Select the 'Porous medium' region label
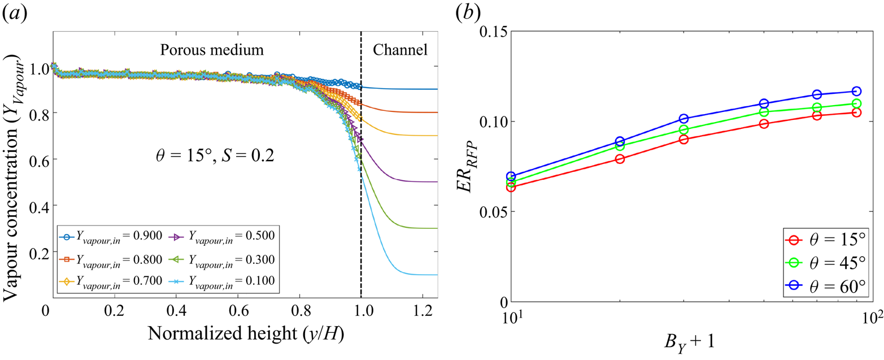212,49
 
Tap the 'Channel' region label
399,49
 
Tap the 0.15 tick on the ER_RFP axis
495,32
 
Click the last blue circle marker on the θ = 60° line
856,91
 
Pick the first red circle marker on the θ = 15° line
511,187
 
